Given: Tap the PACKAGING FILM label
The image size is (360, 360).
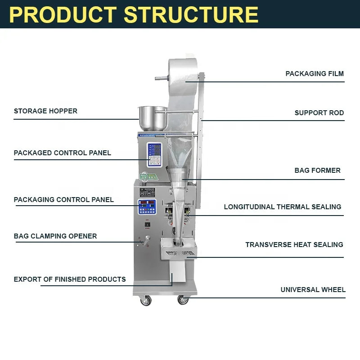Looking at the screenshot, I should pyautogui.click(x=315, y=73).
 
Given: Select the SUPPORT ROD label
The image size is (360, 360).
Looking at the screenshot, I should pyautogui.click(x=319, y=113).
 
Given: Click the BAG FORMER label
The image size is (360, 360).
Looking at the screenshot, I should pyautogui.click(x=317, y=171).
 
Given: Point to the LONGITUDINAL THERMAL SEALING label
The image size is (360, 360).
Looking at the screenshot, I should pyautogui.click(x=283, y=207).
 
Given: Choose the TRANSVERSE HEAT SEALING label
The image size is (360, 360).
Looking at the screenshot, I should pyautogui.click(x=294, y=245).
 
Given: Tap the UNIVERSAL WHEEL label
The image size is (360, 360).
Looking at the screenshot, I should pyautogui.click(x=313, y=290).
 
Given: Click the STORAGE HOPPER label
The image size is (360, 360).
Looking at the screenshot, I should pyautogui.click(x=45, y=111).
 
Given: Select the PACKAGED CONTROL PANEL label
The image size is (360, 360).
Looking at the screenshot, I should pyautogui.click(x=62, y=153).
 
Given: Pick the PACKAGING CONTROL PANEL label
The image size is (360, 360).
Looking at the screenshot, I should pyautogui.click(x=63, y=200).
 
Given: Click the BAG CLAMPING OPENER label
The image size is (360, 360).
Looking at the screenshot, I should pyautogui.click(x=55, y=236).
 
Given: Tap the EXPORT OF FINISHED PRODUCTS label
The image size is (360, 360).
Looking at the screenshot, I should pyautogui.click(x=70, y=279).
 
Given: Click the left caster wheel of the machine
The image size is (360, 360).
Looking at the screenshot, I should pyautogui.click(x=145, y=301).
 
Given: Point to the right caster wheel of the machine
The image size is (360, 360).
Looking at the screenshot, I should pyautogui.click(x=183, y=300).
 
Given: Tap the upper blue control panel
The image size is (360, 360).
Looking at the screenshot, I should pyautogui.click(x=154, y=154).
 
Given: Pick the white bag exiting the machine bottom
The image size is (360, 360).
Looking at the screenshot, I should pyautogui.click(x=178, y=272).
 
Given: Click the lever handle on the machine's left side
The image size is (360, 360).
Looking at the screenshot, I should pyautogui.click(x=145, y=243).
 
